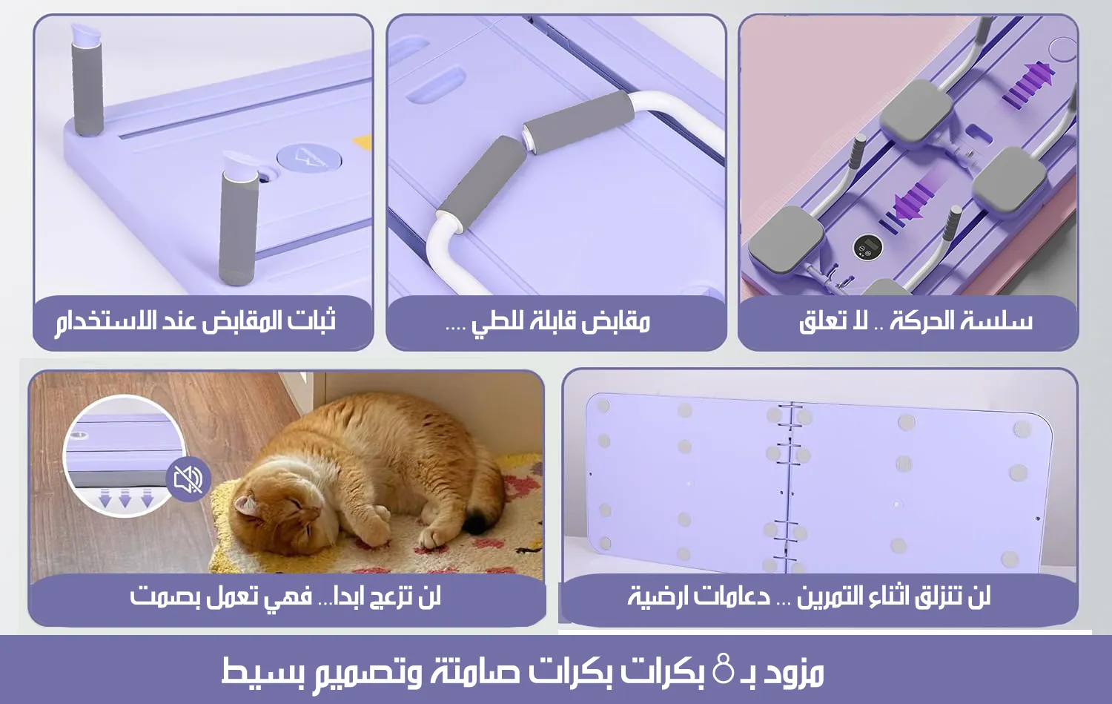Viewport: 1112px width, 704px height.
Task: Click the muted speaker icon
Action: (x=188, y=479)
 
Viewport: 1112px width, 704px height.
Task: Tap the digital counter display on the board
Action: (x=867, y=248)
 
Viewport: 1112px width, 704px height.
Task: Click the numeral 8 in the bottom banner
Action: (x=723, y=668)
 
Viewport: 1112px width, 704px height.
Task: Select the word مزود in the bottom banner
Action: (x=793, y=671)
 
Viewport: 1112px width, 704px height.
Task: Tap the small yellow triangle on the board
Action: (x=363, y=141)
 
